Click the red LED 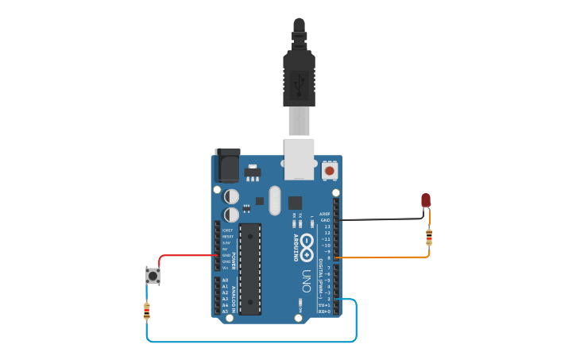[x=426, y=199]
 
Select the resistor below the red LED [x=429, y=237]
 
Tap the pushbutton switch [x=152, y=275]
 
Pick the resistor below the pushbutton [x=147, y=311]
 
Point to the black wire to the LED [x=381, y=219]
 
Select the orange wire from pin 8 [x=381, y=257]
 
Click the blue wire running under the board [x=254, y=342]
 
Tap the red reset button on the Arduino [x=330, y=170]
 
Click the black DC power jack [x=228, y=165]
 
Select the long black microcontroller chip [x=249, y=269]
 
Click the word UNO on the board [x=307, y=281]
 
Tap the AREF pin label [x=324, y=214]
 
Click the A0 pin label [x=225, y=281]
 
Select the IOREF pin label [x=227, y=230]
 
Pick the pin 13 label [x=327, y=226]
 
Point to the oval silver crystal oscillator [x=275, y=200]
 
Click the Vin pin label [x=226, y=268]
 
